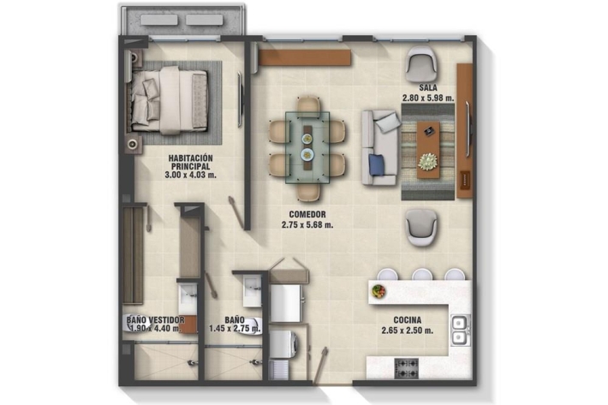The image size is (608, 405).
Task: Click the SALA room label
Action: [427, 88]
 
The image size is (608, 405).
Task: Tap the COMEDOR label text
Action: [307, 214]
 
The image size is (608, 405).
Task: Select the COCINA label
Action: [407, 320]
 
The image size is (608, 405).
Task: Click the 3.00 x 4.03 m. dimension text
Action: [190, 175]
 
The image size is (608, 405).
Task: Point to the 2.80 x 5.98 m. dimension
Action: [427, 98]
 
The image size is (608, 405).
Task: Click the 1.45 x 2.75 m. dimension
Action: [235, 329]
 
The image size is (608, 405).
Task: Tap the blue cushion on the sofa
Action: [377, 164]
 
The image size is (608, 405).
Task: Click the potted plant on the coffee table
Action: [428, 161]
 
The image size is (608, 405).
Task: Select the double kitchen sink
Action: [460, 330]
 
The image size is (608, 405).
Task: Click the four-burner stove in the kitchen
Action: [407, 368]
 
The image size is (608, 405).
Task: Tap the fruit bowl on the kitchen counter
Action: [378, 290]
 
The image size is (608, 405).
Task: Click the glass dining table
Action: [307, 147]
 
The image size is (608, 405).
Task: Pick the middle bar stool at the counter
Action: [422, 274]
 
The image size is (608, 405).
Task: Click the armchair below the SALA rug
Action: [421, 228]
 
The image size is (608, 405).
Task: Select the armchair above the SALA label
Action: [421, 64]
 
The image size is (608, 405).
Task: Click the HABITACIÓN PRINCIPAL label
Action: [190, 162]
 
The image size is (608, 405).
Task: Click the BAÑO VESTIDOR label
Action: [155, 320]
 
